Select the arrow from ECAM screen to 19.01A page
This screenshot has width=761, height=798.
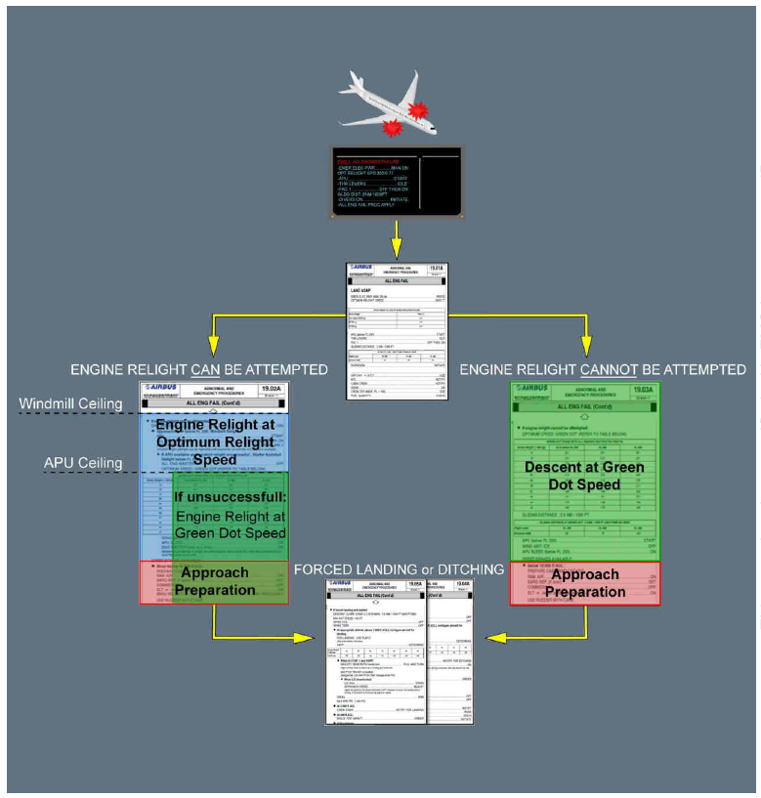pos(395,239)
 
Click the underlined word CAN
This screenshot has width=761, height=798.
pos(206,369)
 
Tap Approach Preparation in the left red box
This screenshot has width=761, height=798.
pos(215,582)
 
